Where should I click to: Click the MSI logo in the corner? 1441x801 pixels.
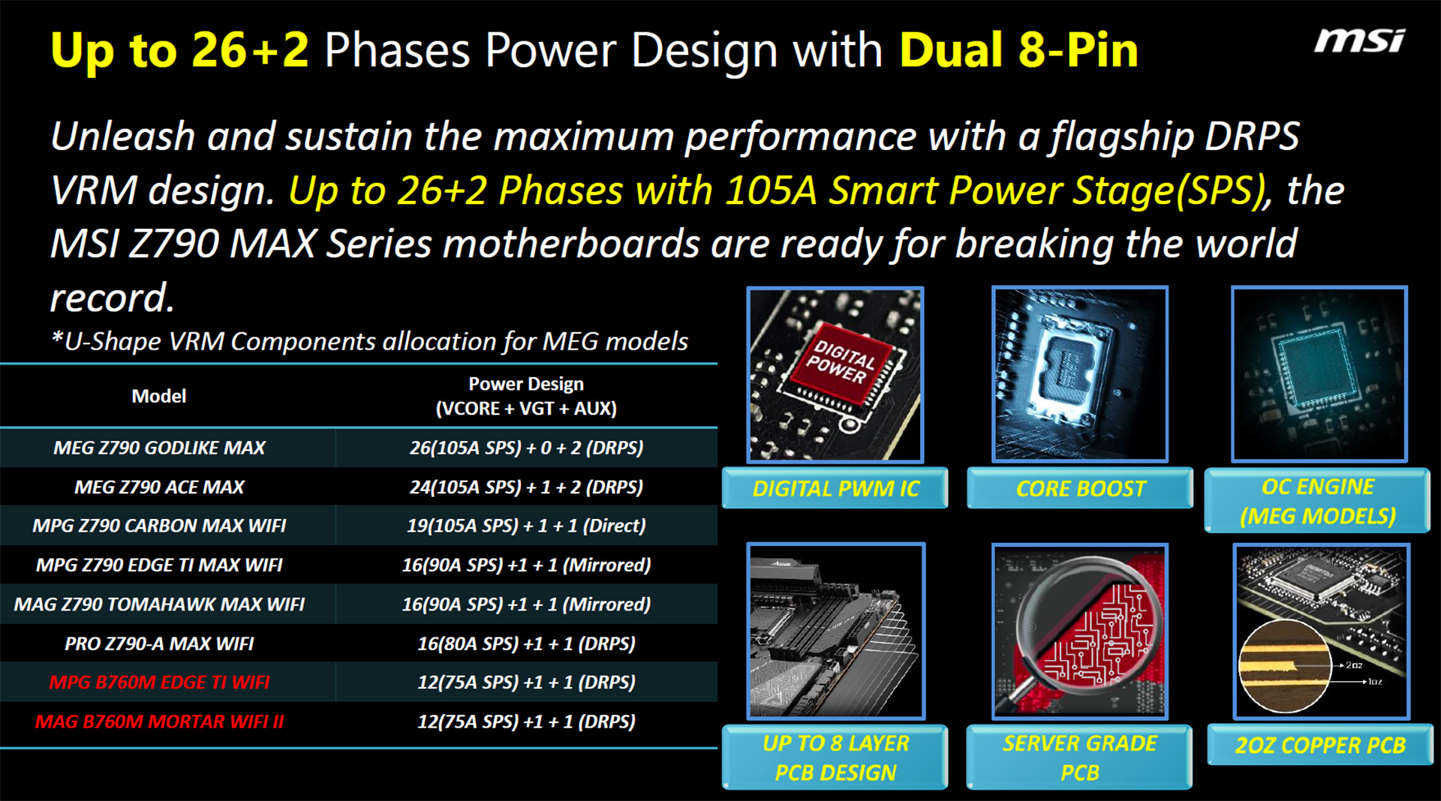pos(1358,40)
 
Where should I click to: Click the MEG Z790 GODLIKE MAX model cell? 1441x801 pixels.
pos(159,448)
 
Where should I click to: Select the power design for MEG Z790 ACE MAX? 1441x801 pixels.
pos(526,487)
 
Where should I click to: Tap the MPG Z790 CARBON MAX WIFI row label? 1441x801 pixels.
pos(159,526)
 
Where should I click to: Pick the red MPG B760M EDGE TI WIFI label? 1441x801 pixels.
pos(159,682)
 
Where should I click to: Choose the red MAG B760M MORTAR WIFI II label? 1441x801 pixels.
pos(159,721)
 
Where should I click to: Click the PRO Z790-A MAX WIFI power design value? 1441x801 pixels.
pos(526,643)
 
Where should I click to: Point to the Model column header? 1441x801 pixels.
pos(159,396)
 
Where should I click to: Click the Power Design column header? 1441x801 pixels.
pos(526,396)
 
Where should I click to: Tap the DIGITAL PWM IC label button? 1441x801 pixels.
pos(835,488)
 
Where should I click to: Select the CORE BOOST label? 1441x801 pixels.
pos(1080,488)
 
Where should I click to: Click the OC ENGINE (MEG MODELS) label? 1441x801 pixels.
pos(1317,501)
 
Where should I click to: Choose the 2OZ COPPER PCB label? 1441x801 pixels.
pos(1320,745)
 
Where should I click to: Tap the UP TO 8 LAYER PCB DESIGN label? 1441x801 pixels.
pos(835,757)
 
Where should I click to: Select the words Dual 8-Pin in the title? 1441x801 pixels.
pos(1018,50)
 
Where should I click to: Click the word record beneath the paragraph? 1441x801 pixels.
pos(113,298)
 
